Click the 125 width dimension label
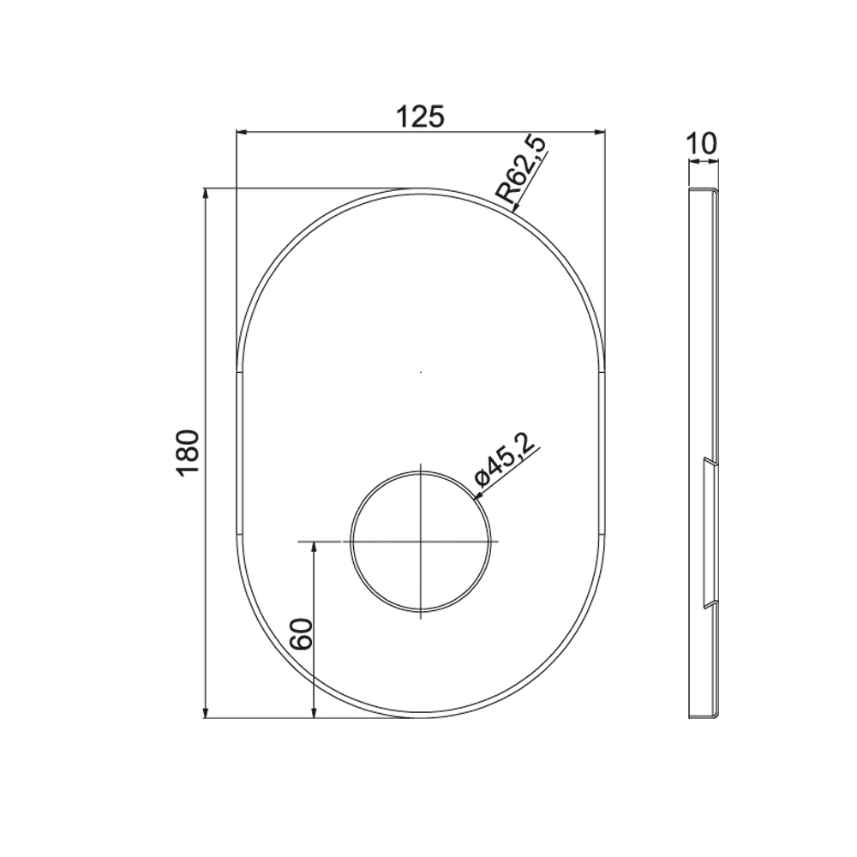pos(420,117)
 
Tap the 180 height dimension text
pos(188,453)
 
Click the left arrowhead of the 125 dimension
pos(242,131)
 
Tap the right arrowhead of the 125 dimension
pos(600,131)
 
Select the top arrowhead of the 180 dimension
pos(206,195)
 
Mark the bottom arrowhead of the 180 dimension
pos(206,711)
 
